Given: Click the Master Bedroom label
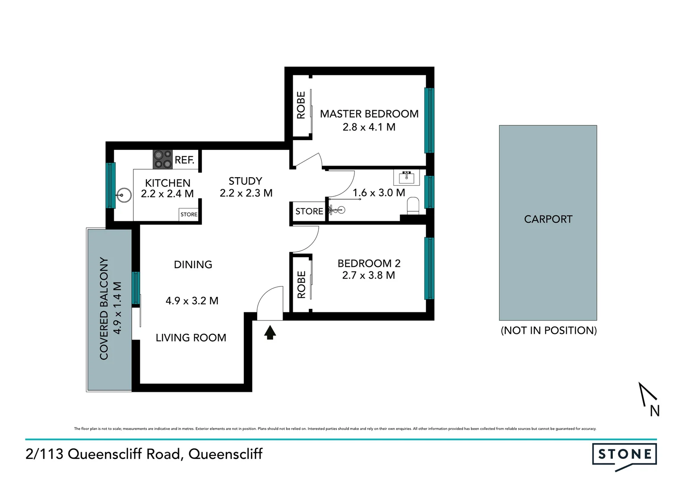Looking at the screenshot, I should pyautogui.click(x=369, y=114).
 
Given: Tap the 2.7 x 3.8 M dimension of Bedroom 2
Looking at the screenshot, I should pyautogui.click(x=368, y=275).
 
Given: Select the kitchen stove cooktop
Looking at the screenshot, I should pyautogui.click(x=162, y=159).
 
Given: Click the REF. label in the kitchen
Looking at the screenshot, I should pyautogui.click(x=184, y=160).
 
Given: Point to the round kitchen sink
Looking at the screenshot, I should pyautogui.click(x=124, y=195).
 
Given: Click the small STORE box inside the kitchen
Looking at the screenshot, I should pyautogui.click(x=189, y=214).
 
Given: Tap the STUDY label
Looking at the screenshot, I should pyautogui.click(x=245, y=181).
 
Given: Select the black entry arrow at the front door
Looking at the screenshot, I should pyautogui.click(x=270, y=332).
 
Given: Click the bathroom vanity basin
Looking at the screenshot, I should pyautogui.click(x=407, y=177).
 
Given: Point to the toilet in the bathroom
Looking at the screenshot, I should pyautogui.click(x=413, y=206).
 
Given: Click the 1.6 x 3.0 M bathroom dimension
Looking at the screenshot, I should pyautogui.click(x=378, y=193).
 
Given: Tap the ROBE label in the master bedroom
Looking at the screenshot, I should pyautogui.click(x=301, y=105).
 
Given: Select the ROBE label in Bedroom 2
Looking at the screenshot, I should pyautogui.click(x=302, y=285).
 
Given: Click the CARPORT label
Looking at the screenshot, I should pyautogui.click(x=548, y=219).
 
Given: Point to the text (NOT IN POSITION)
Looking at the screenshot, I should pyautogui.click(x=549, y=330).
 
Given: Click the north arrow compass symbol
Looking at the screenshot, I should pyautogui.click(x=648, y=399).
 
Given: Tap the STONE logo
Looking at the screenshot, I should pyautogui.click(x=624, y=455).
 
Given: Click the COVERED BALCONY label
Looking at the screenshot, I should pyautogui.click(x=104, y=308).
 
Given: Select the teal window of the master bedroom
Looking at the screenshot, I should pyautogui.click(x=429, y=120).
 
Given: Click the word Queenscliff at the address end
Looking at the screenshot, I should pyautogui.click(x=225, y=454).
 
